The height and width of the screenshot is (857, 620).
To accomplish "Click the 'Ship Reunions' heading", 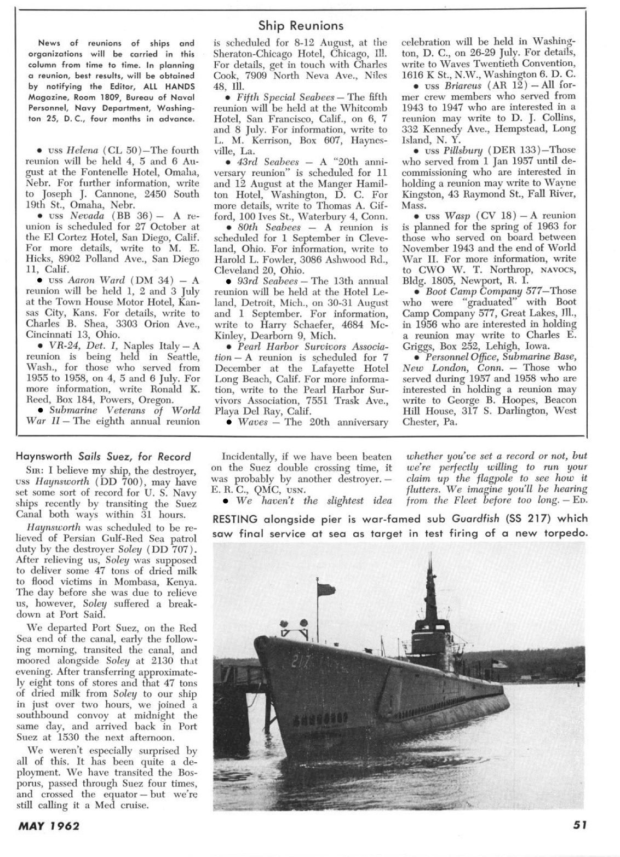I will (301, 25).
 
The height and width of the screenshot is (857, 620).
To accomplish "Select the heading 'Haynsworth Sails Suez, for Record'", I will (103, 456).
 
